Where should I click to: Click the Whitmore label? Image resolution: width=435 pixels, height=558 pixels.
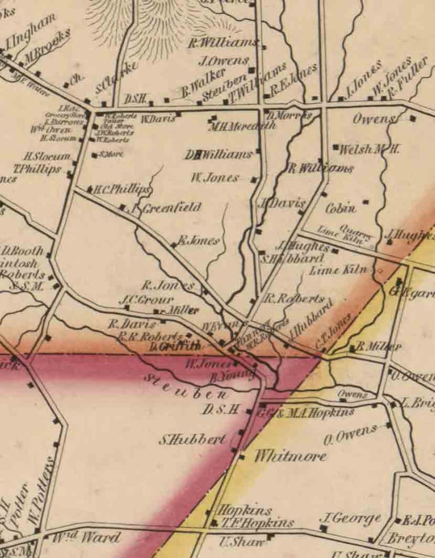(x=290, y=456)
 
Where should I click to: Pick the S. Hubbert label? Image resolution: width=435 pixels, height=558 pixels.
(x=192, y=439)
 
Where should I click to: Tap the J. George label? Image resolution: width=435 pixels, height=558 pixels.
(x=350, y=519)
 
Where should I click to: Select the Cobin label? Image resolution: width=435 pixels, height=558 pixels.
(x=341, y=208)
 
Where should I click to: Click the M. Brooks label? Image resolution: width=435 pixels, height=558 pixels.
(x=48, y=47)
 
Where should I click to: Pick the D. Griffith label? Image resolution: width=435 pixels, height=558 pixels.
(x=175, y=346)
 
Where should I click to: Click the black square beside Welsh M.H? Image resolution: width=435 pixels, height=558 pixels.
(x=335, y=147)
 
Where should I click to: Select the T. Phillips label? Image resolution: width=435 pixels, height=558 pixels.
(x=38, y=169)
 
